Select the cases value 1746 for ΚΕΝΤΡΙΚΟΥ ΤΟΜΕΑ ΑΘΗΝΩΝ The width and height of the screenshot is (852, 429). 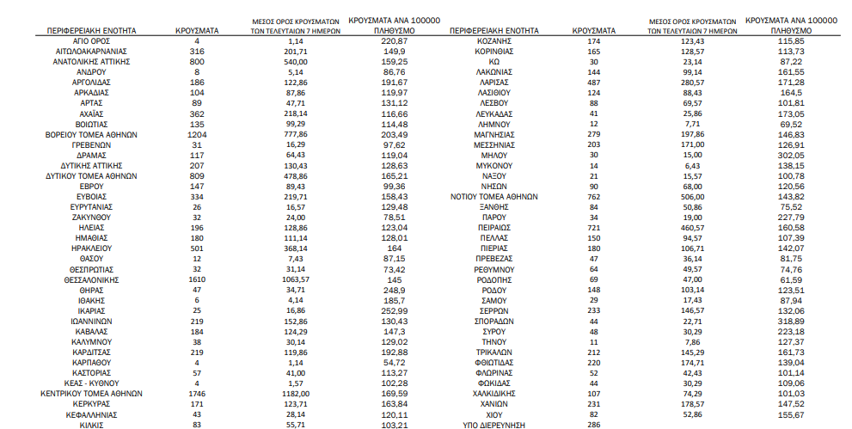tap(197, 393)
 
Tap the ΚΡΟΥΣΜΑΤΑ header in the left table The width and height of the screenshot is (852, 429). tap(197, 31)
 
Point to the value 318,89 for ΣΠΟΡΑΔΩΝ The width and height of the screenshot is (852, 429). tap(792, 320)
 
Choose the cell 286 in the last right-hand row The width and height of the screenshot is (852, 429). tap(593, 424)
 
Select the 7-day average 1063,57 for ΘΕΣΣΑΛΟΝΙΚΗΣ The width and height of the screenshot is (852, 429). tap(297, 279)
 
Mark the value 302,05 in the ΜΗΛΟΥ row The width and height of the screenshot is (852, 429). tap(792, 155)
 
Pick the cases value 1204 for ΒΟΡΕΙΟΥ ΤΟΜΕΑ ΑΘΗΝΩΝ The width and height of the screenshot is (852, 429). tap(197, 134)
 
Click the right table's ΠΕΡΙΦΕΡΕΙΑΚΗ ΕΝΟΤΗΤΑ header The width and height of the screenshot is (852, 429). tap(494, 31)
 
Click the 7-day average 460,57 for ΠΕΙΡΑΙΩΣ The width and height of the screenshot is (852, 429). tap(693, 227)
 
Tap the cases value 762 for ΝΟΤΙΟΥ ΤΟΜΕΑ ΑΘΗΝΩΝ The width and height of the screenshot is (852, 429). tap(593, 196)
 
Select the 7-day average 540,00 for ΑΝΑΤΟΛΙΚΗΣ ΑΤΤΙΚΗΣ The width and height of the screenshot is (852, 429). tap(297, 62)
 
